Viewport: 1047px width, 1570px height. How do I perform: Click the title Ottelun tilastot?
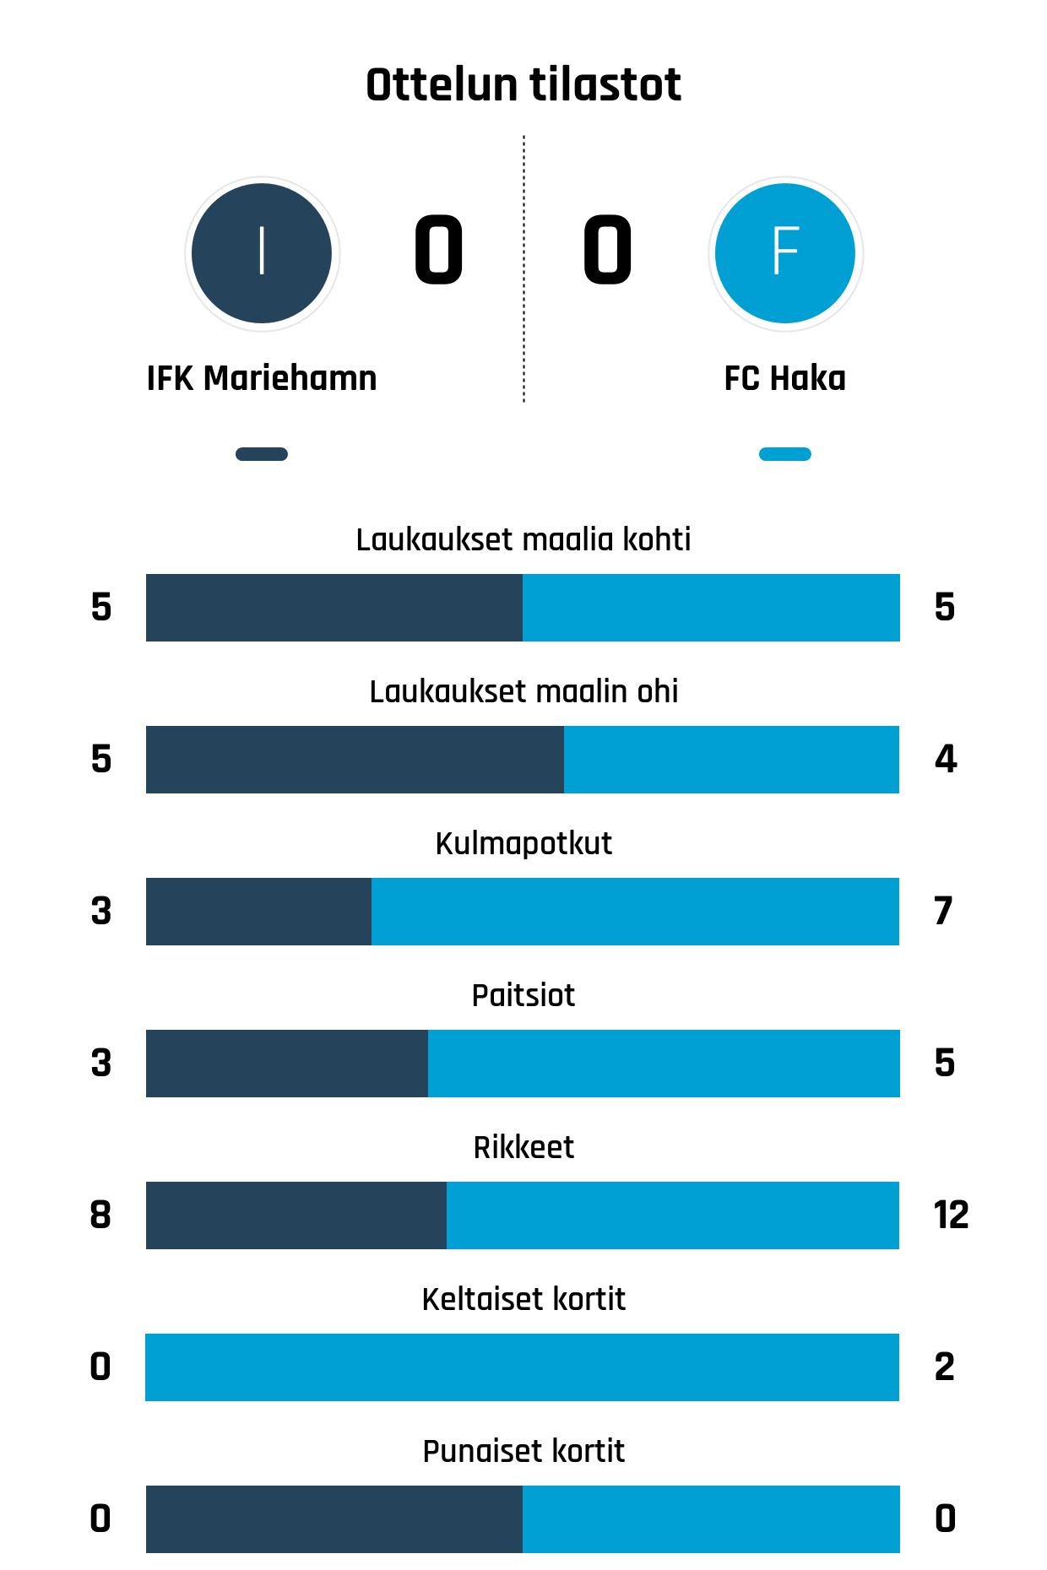523,85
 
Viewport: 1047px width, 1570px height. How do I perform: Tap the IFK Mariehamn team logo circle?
262,253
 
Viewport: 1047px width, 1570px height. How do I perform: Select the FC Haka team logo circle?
785,253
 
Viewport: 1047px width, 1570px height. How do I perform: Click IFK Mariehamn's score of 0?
438,250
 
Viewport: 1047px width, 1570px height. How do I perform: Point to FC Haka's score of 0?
607,250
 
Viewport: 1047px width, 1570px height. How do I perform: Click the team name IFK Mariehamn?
262,378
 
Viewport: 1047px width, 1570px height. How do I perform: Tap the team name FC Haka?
785,378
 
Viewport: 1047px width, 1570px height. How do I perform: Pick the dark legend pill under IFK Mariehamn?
262,454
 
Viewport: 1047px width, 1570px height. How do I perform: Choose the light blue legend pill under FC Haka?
785,454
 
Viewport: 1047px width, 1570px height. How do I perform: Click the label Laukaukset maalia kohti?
523,539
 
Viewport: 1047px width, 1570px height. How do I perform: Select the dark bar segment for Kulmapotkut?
258,912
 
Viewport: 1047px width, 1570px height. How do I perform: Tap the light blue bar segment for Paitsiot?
664,1064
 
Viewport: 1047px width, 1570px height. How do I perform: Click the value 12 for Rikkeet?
951,1215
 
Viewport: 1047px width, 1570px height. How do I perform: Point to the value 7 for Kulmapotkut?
944,912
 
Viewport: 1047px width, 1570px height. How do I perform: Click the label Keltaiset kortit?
523,1299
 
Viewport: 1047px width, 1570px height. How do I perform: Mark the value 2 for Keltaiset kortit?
945,1367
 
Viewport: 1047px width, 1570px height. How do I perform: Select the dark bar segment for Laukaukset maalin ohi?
355,760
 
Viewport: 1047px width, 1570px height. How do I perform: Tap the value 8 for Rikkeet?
100,1215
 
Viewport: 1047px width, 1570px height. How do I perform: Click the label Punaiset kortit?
523,1451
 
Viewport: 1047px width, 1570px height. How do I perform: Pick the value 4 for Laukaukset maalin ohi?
945,760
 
